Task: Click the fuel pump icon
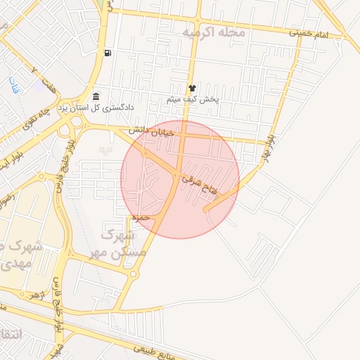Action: [x=107, y=53]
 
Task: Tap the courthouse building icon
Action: [x=96, y=96]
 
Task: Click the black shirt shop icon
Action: [x=191, y=88]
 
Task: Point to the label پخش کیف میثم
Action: [x=193, y=100]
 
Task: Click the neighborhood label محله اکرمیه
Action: [x=214, y=32]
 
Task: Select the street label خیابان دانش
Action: [x=149, y=131]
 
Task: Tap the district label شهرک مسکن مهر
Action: [x=124, y=240]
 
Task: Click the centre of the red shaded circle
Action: [x=180, y=180]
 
